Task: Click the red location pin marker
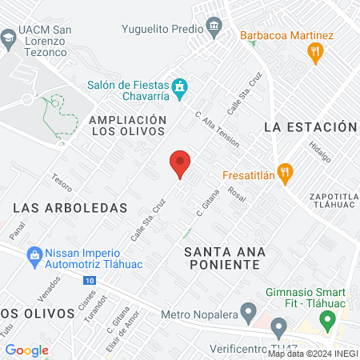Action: click(180, 164)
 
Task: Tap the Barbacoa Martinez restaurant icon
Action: click(315, 53)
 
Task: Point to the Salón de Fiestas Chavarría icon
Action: click(181, 85)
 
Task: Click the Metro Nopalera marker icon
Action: click(248, 310)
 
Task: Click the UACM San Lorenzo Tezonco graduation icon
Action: click(8, 37)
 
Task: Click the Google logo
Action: click(26, 350)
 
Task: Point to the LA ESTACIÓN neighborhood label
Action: click(309, 127)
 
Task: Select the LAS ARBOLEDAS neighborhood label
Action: click(70, 207)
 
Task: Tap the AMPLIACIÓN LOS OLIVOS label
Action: click(128, 126)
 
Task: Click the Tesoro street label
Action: click(62, 182)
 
